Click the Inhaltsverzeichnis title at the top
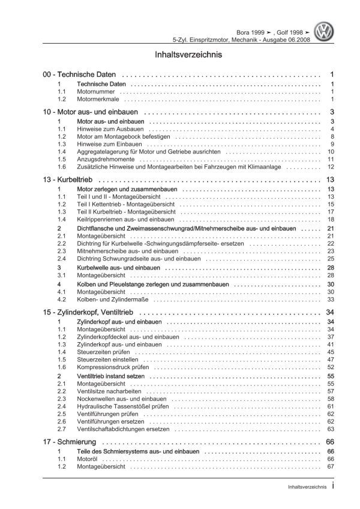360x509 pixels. pos(179,54)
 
